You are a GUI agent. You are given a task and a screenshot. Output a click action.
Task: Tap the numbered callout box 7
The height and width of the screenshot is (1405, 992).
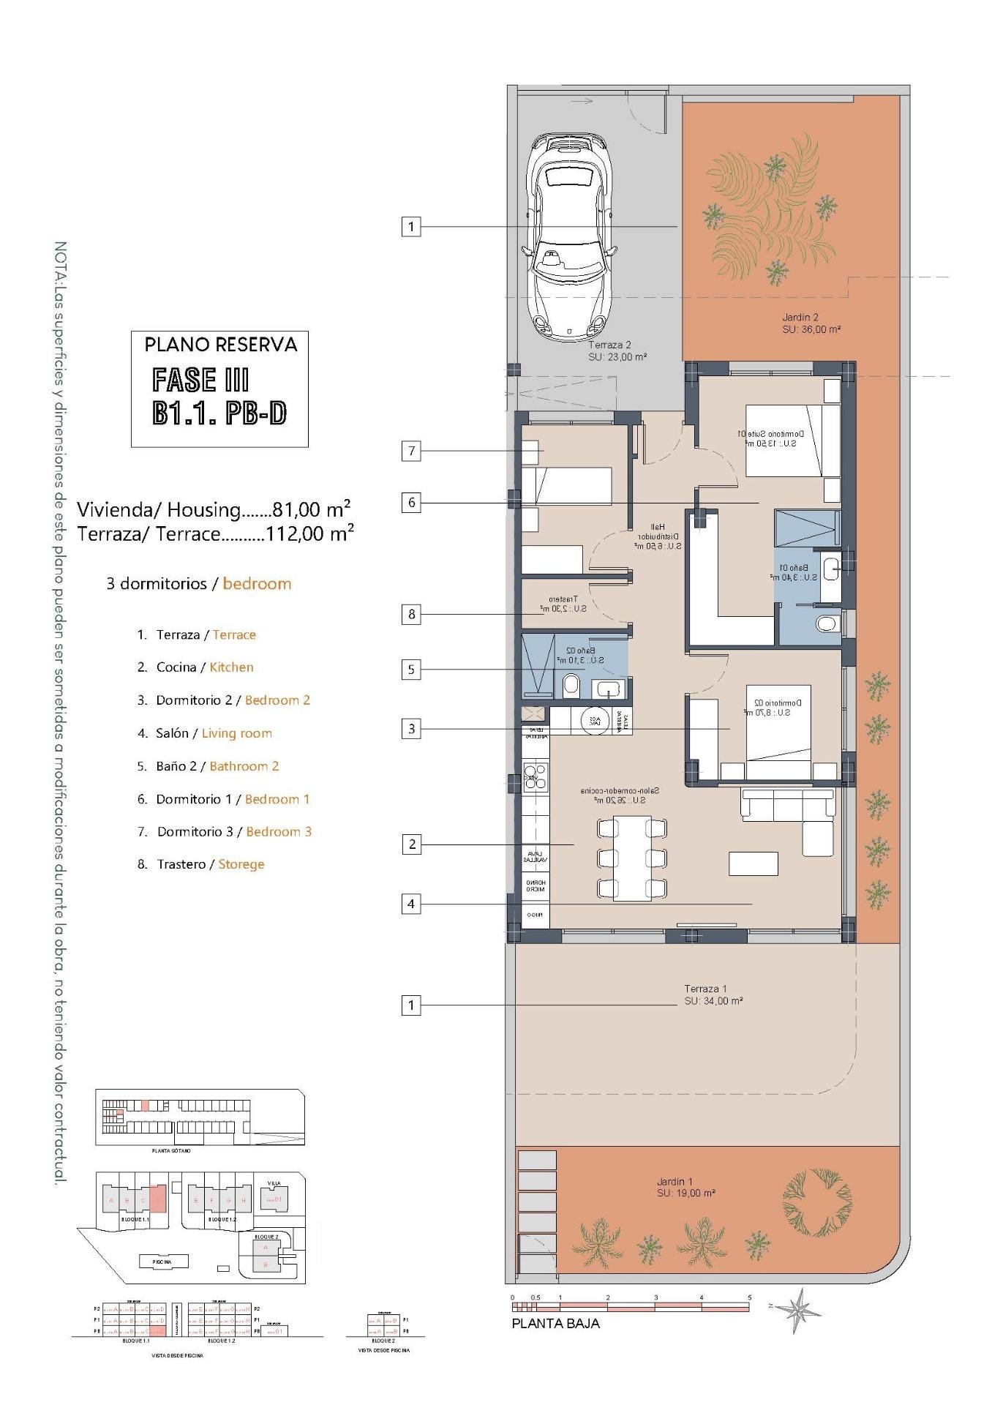411,451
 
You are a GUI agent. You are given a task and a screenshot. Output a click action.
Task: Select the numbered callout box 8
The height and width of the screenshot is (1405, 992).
411,614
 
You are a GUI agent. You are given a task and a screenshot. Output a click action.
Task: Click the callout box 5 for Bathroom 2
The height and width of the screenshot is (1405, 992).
411,669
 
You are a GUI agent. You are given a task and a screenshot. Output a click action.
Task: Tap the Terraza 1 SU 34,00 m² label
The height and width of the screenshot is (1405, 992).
713,994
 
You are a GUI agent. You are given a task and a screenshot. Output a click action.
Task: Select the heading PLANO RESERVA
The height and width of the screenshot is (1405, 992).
220,345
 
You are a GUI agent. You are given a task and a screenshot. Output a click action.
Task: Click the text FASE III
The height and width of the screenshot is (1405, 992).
200,381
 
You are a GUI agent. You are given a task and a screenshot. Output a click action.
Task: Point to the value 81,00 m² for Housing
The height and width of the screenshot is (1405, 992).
311,509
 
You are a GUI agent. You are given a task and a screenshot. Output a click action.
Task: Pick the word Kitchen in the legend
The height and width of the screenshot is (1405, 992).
231,667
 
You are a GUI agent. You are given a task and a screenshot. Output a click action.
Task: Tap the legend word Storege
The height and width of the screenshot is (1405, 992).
241,864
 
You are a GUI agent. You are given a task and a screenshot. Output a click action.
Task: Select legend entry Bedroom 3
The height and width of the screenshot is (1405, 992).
279,831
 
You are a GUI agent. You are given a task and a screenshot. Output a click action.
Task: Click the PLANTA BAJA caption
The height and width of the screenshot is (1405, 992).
555,1323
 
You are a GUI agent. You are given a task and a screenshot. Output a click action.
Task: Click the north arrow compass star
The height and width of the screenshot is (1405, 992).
799,1310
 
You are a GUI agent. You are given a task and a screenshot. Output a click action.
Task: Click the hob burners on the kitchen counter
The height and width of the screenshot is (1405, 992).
535,777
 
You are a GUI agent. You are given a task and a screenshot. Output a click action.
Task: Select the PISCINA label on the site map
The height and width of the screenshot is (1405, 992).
162,1262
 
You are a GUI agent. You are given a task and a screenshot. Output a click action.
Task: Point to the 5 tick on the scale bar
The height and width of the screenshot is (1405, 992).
748,1297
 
